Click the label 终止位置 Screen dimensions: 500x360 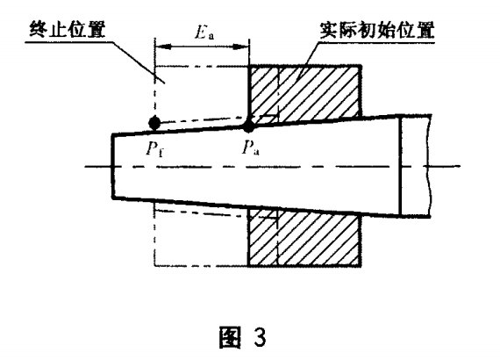pos(67,30)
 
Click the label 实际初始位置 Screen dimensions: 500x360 pos(377,31)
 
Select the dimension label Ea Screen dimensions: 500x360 pos(204,32)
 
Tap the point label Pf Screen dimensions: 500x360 pos(155,148)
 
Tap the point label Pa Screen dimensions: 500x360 pos(251,148)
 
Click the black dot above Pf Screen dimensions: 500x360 pos(154,123)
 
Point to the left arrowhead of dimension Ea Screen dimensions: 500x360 pos(163,47)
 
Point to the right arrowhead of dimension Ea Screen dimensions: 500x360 pos(240,47)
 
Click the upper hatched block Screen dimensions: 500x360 pos(304,92)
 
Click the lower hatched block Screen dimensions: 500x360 pos(304,238)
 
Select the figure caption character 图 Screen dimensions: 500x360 pos(230,337)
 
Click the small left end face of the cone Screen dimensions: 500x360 pos(113,166)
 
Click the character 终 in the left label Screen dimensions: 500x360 pos(39,30)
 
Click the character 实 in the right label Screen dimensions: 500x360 pos(330,31)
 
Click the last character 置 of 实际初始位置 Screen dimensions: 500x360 pos(425,31)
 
